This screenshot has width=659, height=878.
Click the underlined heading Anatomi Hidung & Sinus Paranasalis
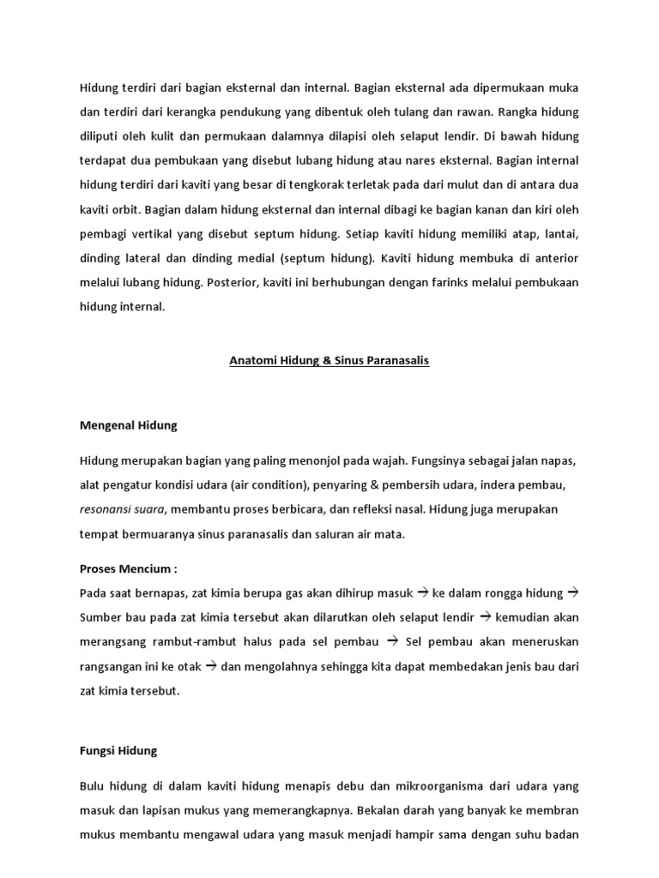[x=329, y=361]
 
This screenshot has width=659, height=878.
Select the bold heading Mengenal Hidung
[x=128, y=424]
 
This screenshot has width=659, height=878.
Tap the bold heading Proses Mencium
[x=127, y=569]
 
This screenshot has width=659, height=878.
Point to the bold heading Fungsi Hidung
[x=118, y=750]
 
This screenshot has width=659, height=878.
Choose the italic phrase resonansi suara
[x=122, y=508]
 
